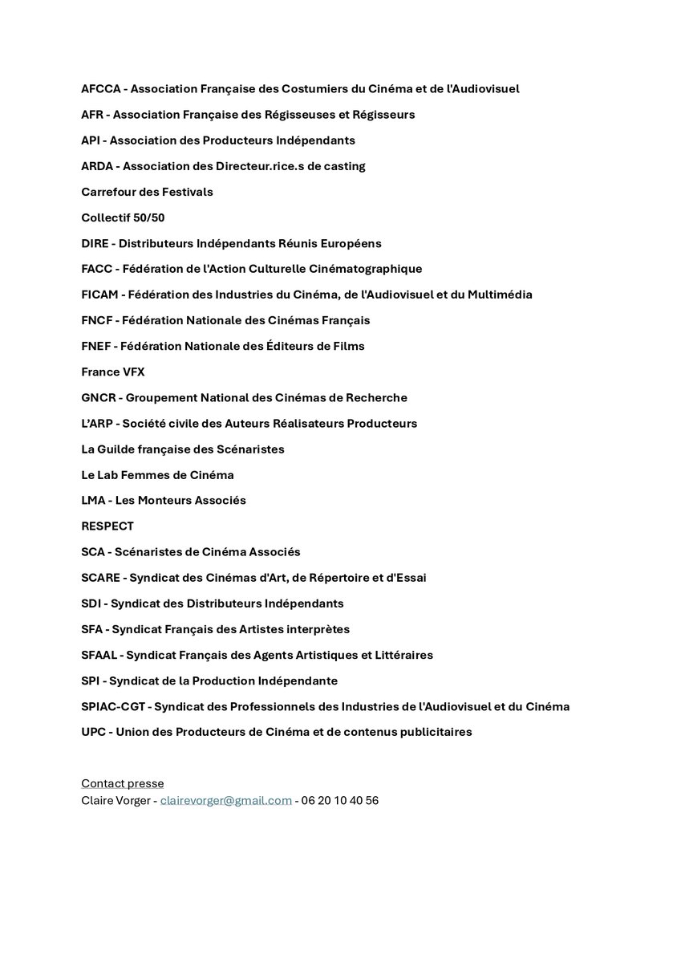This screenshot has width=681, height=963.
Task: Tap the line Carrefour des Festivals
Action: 147,192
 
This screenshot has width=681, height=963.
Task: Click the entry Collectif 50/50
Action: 123,217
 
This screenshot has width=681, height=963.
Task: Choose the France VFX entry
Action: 113,372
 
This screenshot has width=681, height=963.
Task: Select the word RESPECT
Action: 107,526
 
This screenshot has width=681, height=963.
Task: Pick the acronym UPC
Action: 94,732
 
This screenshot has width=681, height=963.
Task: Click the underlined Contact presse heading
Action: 122,783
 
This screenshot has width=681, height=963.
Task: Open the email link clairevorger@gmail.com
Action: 226,800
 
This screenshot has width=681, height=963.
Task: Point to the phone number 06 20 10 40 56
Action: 340,800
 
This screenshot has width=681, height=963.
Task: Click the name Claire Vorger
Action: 116,800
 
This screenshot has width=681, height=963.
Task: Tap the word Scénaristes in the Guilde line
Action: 250,449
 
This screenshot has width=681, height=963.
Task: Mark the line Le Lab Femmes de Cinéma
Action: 157,475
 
